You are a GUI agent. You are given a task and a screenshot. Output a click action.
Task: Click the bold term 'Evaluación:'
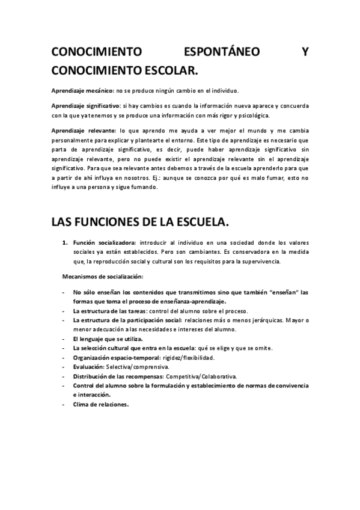pyautogui.click(x=88, y=366)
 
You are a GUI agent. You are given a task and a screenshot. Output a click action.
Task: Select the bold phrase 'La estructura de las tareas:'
pyautogui.click(x=111, y=311)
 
